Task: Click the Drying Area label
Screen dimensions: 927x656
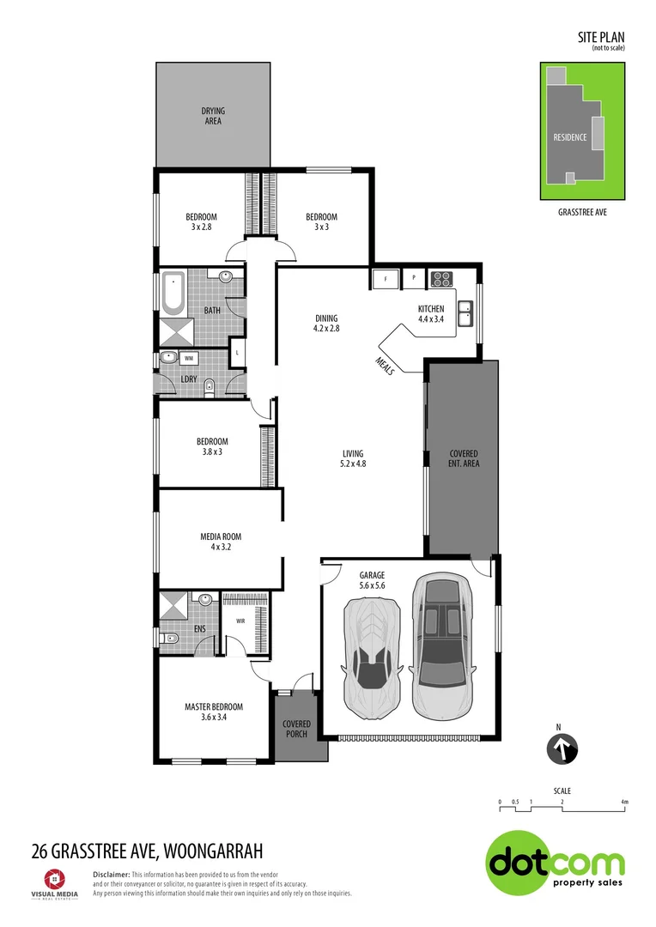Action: click(x=213, y=116)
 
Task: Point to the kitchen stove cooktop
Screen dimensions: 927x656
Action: click(x=441, y=278)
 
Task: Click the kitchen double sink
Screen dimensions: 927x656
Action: click(x=466, y=313)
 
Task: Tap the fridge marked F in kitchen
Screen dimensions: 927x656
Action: click(x=386, y=279)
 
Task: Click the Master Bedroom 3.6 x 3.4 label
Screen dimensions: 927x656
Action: click(x=214, y=712)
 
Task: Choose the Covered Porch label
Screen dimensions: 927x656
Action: click(x=296, y=729)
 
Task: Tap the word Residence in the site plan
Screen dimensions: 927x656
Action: click(x=569, y=137)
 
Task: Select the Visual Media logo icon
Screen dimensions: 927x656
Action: click(x=52, y=878)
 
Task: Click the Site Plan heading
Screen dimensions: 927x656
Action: click(x=600, y=38)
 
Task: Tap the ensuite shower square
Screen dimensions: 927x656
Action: click(x=174, y=606)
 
